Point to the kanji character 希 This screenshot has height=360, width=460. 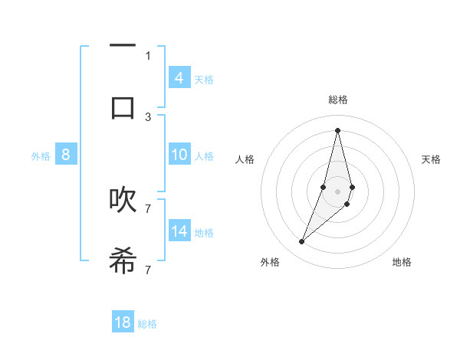pyautogui.click(x=123, y=260)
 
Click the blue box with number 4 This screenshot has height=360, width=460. pyautogui.click(x=179, y=77)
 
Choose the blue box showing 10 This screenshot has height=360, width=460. pyautogui.click(x=179, y=155)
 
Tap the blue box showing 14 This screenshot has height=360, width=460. pyautogui.click(x=179, y=231)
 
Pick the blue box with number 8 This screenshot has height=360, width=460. pyautogui.click(x=66, y=155)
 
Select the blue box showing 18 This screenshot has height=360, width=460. pyautogui.click(x=123, y=322)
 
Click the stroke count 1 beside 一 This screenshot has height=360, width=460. pyautogui.click(x=148, y=55)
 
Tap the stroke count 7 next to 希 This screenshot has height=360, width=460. pyautogui.click(x=148, y=270)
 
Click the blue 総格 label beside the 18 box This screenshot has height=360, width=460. pyautogui.click(x=147, y=324)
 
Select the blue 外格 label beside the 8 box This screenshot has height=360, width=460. pyautogui.click(x=41, y=156)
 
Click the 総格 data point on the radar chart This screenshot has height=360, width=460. pyautogui.click(x=337, y=129)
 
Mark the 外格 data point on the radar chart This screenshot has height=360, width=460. pyautogui.click(x=301, y=242)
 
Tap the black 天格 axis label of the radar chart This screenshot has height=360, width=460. pyautogui.click(x=431, y=159)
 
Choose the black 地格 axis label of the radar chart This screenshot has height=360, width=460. pyautogui.click(x=402, y=262)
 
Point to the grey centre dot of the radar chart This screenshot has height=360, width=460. pyautogui.click(x=337, y=191)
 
